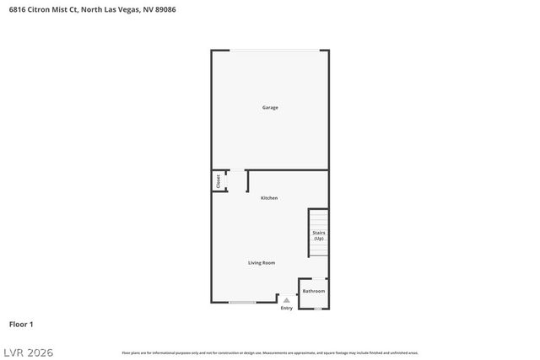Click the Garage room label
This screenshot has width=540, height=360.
(270, 107)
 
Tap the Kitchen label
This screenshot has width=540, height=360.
(269, 198)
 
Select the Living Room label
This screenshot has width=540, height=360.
(262, 263)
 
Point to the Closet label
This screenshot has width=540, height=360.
(219, 180)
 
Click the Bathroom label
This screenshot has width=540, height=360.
(314, 291)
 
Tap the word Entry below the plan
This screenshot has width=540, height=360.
(287, 308)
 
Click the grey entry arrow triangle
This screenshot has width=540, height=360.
(287, 299)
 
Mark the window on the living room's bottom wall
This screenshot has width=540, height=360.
(243, 302)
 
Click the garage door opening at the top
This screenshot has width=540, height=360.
(270, 50)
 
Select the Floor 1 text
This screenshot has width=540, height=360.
(21, 324)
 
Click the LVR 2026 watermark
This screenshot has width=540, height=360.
(27, 352)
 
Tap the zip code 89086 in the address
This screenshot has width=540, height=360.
(166, 10)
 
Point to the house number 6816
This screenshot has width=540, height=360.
(18, 10)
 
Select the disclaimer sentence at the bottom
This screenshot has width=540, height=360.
(270, 352)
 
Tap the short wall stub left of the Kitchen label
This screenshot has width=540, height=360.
(247, 181)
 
